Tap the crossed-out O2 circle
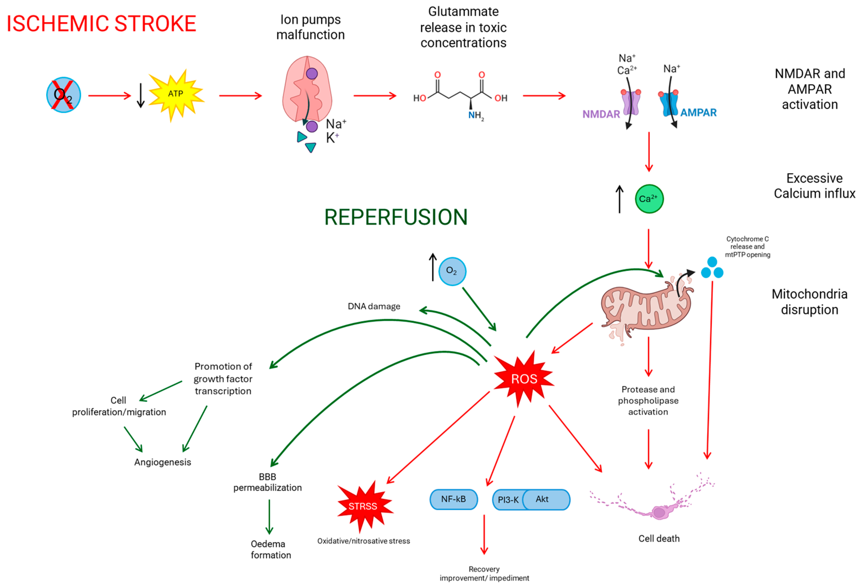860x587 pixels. [x=64, y=95]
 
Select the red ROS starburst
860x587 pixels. [x=524, y=379]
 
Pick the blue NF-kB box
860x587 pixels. [x=453, y=499]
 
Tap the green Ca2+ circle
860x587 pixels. [x=649, y=199]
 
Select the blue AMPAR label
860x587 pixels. [x=698, y=113]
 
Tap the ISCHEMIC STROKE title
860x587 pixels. [x=101, y=24]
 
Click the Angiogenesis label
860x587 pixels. [x=163, y=462]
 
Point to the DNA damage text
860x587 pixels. [x=374, y=306]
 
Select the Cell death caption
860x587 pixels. [x=659, y=538]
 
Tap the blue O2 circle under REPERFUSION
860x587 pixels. [x=452, y=271]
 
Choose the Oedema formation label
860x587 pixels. [x=271, y=549]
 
